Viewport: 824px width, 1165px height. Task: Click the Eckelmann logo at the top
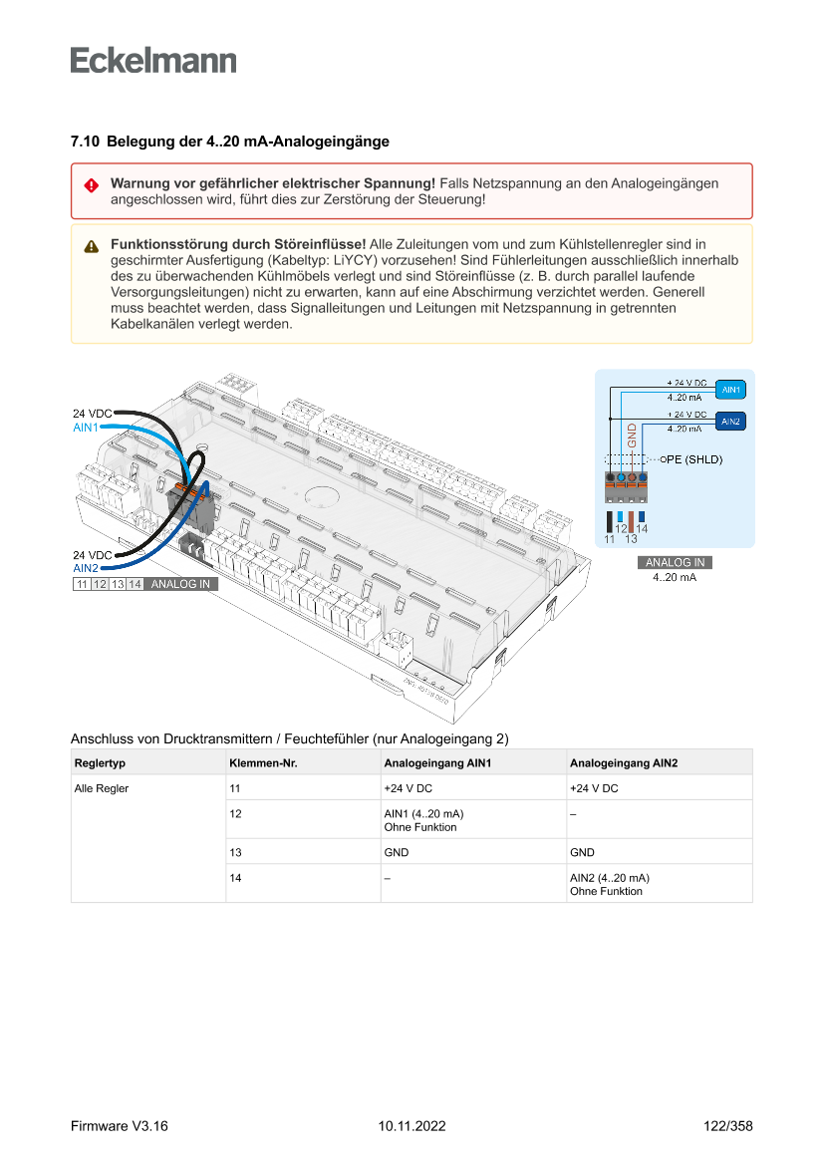pyautogui.click(x=153, y=61)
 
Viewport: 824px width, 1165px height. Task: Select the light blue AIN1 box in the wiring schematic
pyautogui.click(x=730, y=390)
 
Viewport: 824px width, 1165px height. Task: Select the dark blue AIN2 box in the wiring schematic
pyautogui.click(x=730, y=423)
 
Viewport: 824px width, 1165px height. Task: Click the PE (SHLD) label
pyautogui.click(x=694, y=459)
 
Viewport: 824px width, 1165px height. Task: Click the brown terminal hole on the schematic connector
pyautogui.click(x=632, y=479)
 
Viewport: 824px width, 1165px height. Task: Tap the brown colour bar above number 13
pyautogui.click(x=631, y=521)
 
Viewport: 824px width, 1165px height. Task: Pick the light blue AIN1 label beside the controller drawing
pyautogui.click(x=87, y=428)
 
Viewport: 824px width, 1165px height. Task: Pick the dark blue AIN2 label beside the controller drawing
pyautogui.click(x=87, y=568)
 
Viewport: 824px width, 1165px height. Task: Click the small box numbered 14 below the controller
pyautogui.click(x=135, y=584)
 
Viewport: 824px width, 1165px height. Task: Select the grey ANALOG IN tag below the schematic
pyautogui.click(x=675, y=563)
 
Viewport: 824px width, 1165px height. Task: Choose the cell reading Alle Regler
pyautogui.click(x=102, y=788)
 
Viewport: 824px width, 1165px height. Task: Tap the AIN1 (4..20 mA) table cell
pyautogui.click(x=423, y=813)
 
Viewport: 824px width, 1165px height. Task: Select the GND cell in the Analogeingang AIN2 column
pyautogui.click(x=583, y=852)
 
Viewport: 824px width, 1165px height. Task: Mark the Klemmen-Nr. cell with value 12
pyautogui.click(x=236, y=813)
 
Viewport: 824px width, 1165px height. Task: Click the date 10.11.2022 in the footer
pyautogui.click(x=412, y=1126)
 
